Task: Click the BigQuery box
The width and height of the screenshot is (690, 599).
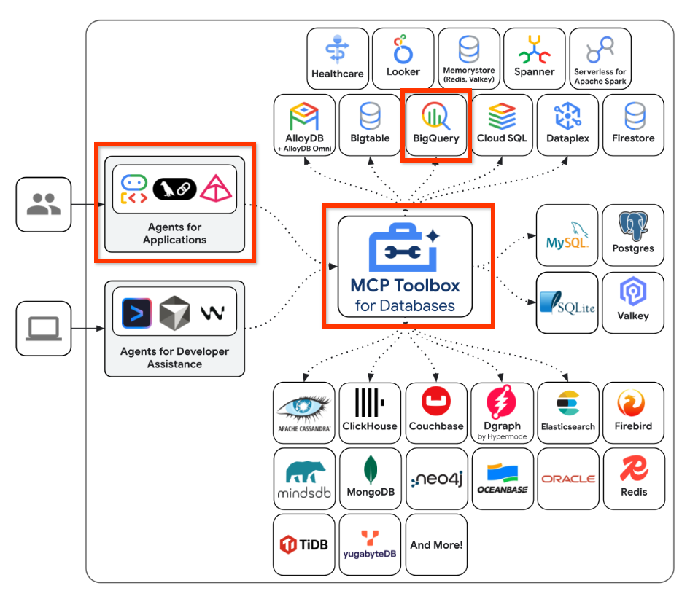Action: [x=436, y=124]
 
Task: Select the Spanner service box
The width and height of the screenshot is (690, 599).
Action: [x=534, y=58]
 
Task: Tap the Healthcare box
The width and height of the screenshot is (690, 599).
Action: [x=337, y=58]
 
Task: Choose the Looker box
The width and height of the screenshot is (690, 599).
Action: [x=403, y=58]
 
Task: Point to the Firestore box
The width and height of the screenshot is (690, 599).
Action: [x=633, y=124]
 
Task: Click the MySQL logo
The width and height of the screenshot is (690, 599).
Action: [x=567, y=234]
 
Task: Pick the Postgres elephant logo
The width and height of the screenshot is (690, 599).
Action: [x=633, y=226]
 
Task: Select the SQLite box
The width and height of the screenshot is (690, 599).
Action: [x=567, y=302]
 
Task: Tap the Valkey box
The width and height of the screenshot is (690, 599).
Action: [x=633, y=302]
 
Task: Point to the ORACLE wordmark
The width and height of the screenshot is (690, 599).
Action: [x=568, y=479]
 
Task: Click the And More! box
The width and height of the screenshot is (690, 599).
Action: [x=436, y=544]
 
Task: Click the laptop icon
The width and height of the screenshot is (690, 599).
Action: [x=44, y=329]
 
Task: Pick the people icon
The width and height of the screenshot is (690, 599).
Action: [x=44, y=204]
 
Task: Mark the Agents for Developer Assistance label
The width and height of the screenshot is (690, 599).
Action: [x=174, y=357]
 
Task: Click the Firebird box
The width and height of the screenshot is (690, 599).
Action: [x=633, y=412]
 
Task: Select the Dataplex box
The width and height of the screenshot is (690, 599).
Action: [x=567, y=124]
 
